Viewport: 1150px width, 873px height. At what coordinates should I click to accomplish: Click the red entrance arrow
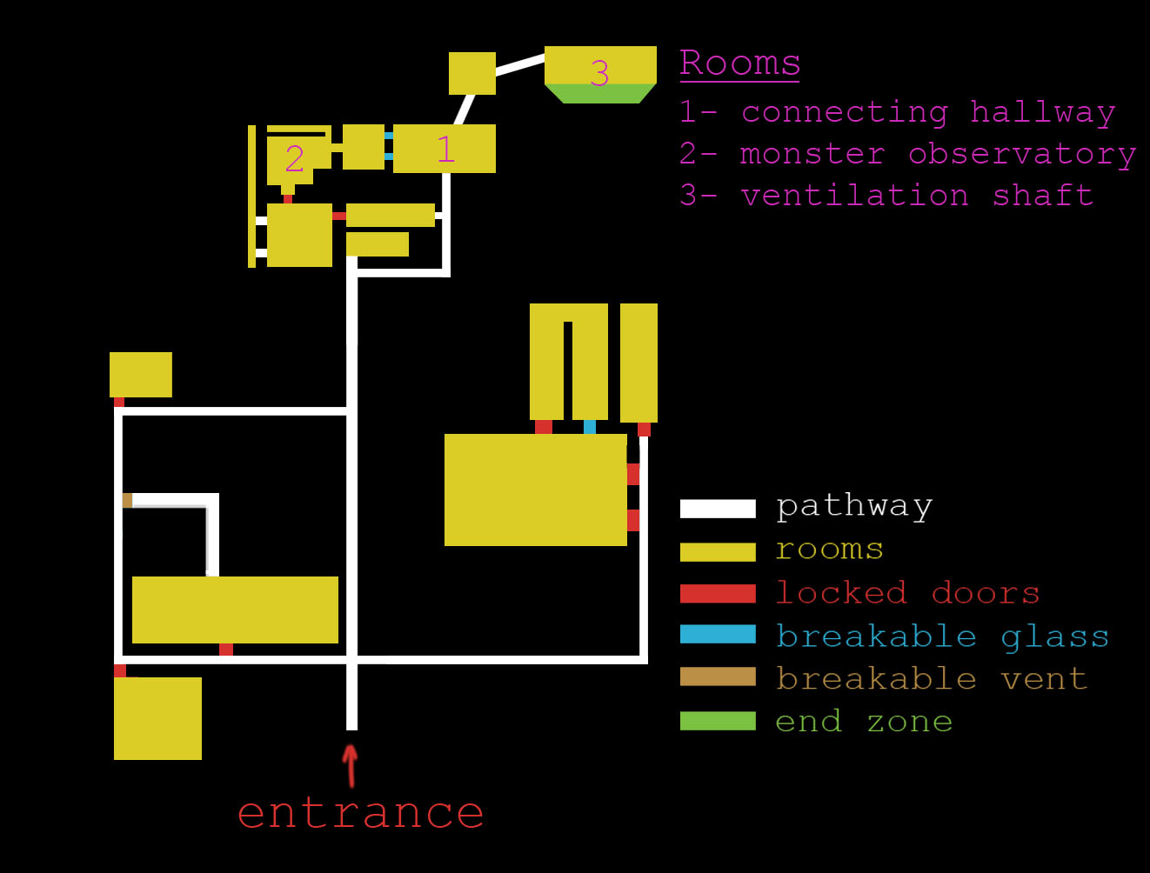coord(351,765)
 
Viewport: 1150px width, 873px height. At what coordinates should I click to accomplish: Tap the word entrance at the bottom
coord(360,813)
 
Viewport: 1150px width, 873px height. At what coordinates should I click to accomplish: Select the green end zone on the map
coord(600,94)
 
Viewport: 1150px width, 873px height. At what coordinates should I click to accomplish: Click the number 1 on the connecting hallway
coord(445,150)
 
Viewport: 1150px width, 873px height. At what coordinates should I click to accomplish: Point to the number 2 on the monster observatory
coord(295,158)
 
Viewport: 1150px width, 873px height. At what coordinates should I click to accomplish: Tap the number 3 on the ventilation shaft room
coord(599,73)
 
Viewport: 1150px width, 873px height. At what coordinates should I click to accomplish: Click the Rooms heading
coord(739,63)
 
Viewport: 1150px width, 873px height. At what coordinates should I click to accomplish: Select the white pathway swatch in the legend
coord(718,509)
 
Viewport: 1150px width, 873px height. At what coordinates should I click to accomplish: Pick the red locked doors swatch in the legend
coord(718,594)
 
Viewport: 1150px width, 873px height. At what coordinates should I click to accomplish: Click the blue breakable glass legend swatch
coord(718,635)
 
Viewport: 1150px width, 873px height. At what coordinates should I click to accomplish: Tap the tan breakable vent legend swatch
coord(718,676)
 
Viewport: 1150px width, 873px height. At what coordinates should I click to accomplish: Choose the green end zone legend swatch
coord(718,721)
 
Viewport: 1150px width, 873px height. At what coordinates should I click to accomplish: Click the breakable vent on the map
coord(127,500)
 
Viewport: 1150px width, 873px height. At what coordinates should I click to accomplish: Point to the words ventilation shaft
coord(917,196)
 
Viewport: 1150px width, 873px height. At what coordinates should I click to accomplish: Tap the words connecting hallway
coord(928,112)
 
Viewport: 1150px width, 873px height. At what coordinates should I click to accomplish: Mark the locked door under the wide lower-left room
coord(226,650)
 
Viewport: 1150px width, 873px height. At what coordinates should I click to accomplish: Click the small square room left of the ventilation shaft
coord(472,73)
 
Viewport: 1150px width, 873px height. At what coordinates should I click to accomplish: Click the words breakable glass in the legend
coord(942,636)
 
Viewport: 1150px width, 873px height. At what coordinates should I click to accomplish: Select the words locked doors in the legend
coord(907,593)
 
